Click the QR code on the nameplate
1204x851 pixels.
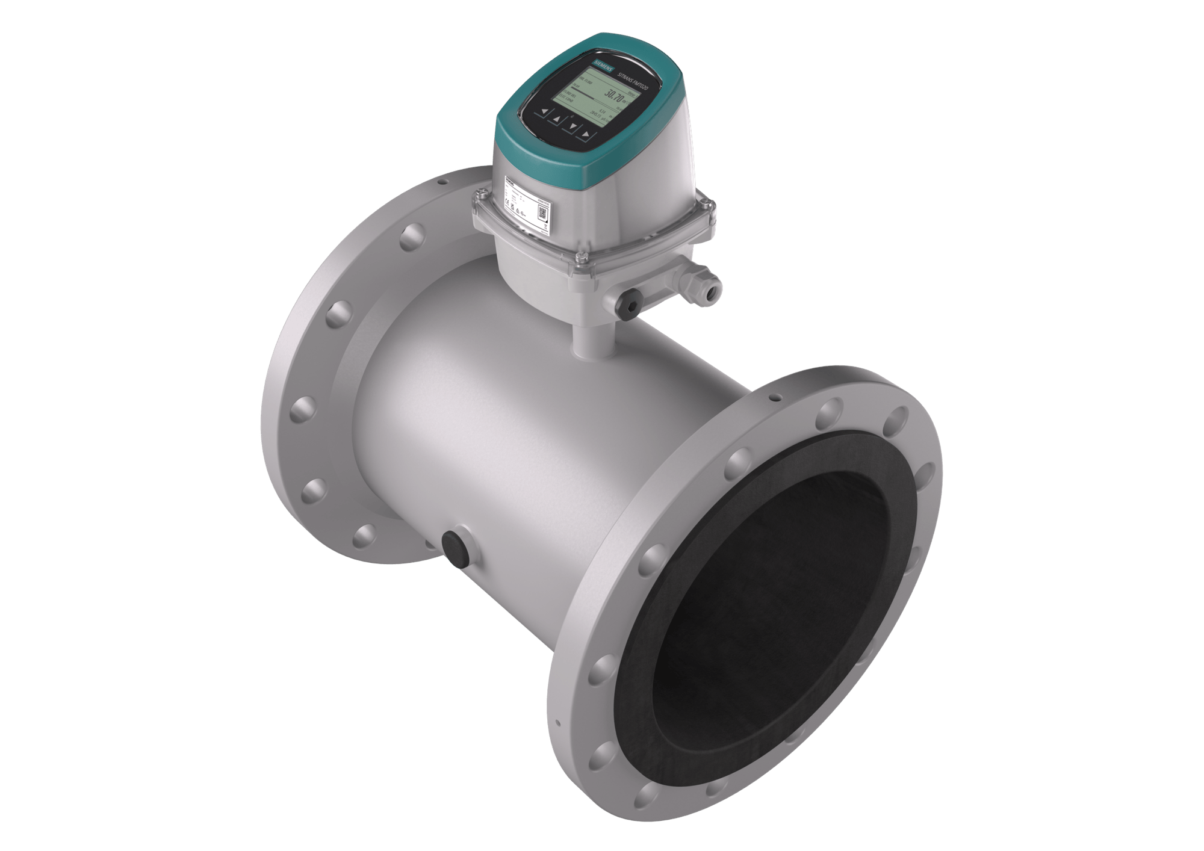tap(541, 211)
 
